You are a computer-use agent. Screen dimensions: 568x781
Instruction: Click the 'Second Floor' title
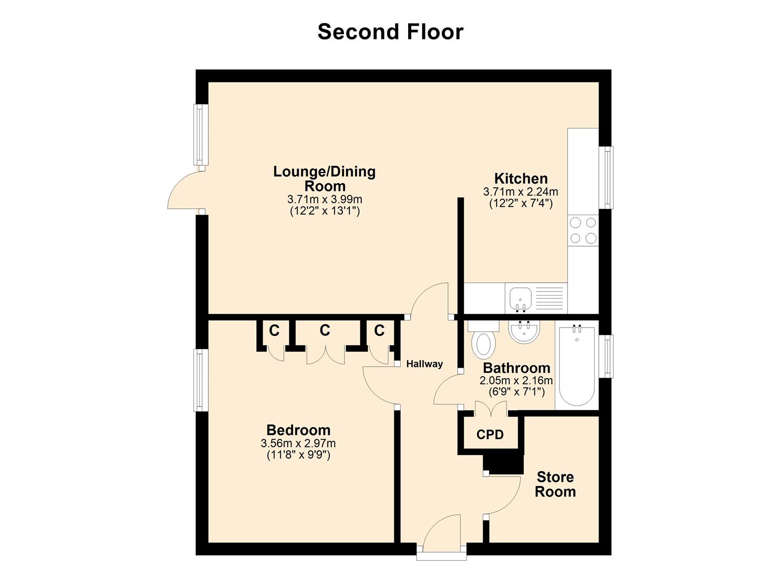(390, 32)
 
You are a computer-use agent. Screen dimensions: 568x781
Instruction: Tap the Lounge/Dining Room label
(324, 179)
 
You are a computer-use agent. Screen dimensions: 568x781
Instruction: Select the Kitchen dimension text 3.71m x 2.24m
(520, 192)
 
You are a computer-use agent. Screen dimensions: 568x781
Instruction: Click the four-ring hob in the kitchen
(583, 230)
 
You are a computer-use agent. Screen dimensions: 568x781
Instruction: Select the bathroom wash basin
(524, 332)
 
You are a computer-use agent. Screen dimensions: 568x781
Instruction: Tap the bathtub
(577, 365)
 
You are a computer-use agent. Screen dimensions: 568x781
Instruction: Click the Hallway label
(424, 364)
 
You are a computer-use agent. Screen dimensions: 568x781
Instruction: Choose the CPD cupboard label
(490, 435)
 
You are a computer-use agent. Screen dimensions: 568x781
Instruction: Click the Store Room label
(555, 484)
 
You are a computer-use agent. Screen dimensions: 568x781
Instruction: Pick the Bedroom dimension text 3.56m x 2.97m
(298, 443)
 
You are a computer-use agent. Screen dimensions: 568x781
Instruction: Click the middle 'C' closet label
(325, 330)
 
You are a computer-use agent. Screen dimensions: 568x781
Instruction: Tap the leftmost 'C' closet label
(274, 331)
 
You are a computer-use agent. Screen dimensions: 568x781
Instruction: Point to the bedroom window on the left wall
(199, 380)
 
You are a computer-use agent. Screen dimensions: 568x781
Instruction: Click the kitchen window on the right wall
(608, 177)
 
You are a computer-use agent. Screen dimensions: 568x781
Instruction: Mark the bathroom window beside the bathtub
(608, 356)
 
